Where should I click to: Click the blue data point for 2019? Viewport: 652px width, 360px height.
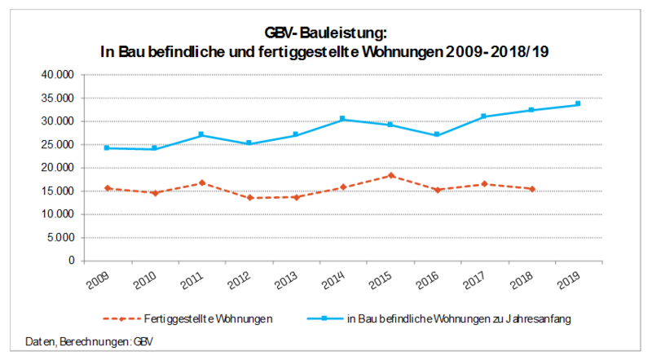578,103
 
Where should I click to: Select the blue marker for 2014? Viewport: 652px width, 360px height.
342,119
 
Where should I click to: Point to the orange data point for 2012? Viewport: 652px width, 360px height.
249,198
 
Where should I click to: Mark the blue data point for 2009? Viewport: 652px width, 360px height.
107,147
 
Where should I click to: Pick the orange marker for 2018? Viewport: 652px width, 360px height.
531,189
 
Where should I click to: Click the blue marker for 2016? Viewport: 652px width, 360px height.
437,134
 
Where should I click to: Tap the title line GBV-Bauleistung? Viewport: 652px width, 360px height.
325,33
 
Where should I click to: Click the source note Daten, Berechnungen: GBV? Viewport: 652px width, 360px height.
82,340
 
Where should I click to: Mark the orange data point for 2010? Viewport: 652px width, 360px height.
154,193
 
